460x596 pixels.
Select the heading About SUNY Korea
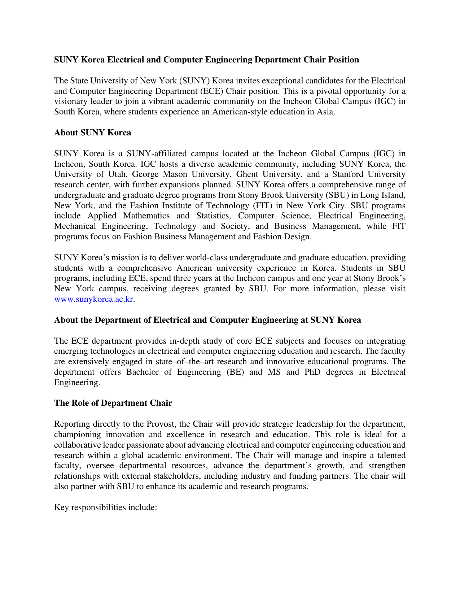pos(92,133)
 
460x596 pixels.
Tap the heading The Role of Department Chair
pos(113,403)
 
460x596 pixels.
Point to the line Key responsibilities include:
pos(105,507)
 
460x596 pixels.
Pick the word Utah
pos(117,174)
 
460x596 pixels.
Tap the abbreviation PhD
pos(312,372)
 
